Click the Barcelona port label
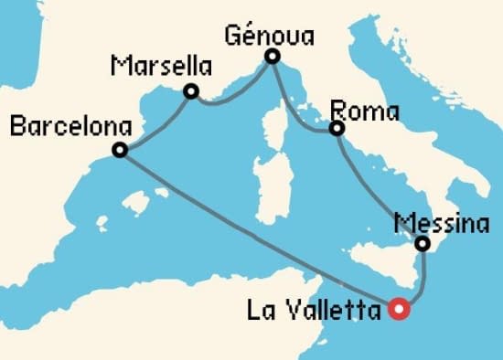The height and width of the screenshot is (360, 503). (68, 126)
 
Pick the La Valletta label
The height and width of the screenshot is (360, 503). (314, 312)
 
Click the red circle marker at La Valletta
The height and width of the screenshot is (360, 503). (399, 310)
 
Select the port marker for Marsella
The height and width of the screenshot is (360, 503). (191, 91)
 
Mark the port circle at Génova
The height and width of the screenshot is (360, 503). (272, 57)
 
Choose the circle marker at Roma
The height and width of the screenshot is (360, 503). (337, 129)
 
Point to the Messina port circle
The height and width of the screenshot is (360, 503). (422, 244)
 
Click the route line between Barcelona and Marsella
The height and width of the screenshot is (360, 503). (156, 122)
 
